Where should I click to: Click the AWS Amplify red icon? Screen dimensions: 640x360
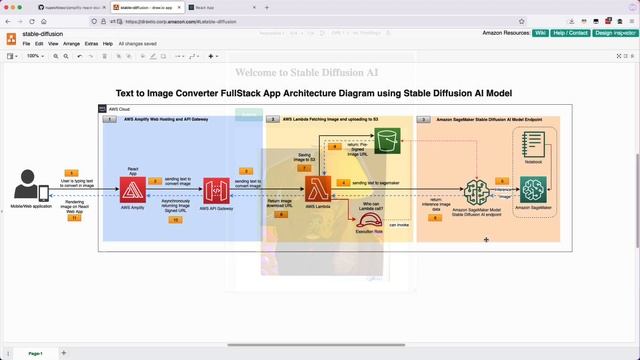click(x=133, y=190)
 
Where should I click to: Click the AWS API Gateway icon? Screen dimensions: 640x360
click(x=217, y=191)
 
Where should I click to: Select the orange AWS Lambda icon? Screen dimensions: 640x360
click(x=318, y=190)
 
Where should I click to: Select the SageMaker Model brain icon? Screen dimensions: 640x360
click(x=477, y=191)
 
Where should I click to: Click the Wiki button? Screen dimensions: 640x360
click(x=540, y=33)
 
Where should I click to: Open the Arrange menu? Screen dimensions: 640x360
click(x=71, y=44)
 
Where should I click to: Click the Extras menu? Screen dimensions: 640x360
click(x=92, y=44)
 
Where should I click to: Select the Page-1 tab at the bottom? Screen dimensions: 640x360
click(x=35, y=353)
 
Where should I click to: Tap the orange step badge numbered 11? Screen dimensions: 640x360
click(x=73, y=218)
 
